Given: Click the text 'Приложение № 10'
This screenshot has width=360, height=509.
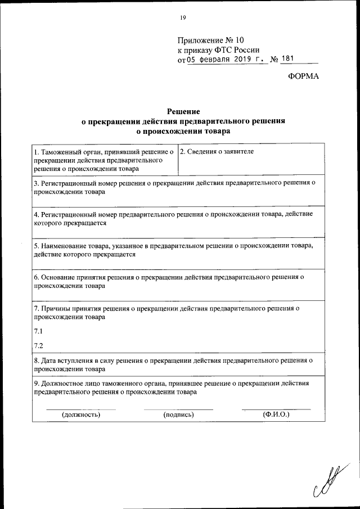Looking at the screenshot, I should [x=211, y=40].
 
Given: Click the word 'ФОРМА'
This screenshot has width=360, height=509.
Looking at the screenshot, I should [x=303, y=77].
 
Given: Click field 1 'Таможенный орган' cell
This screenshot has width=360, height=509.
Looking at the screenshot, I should [x=105, y=160].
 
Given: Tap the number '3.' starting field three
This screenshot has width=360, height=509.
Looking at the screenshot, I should [x=36, y=183].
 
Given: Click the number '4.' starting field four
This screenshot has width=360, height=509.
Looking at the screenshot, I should [x=36, y=215].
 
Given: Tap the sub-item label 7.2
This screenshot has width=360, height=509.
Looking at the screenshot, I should [x=38, y=345].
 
